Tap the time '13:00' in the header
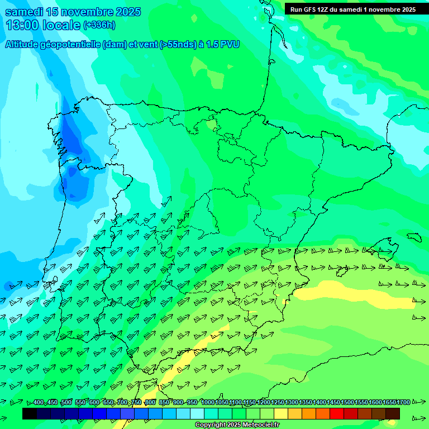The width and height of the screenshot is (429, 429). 22,25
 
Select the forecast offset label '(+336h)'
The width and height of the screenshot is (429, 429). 99,25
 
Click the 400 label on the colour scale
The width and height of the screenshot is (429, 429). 39,402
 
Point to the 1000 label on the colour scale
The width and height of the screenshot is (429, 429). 207,402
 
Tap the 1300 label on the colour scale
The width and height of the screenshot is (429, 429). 292,402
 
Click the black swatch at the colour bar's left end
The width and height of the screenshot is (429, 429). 30,413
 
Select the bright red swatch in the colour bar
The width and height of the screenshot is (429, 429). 337,413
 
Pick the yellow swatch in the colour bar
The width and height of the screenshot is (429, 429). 281,413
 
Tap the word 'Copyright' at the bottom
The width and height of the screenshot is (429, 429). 210,425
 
